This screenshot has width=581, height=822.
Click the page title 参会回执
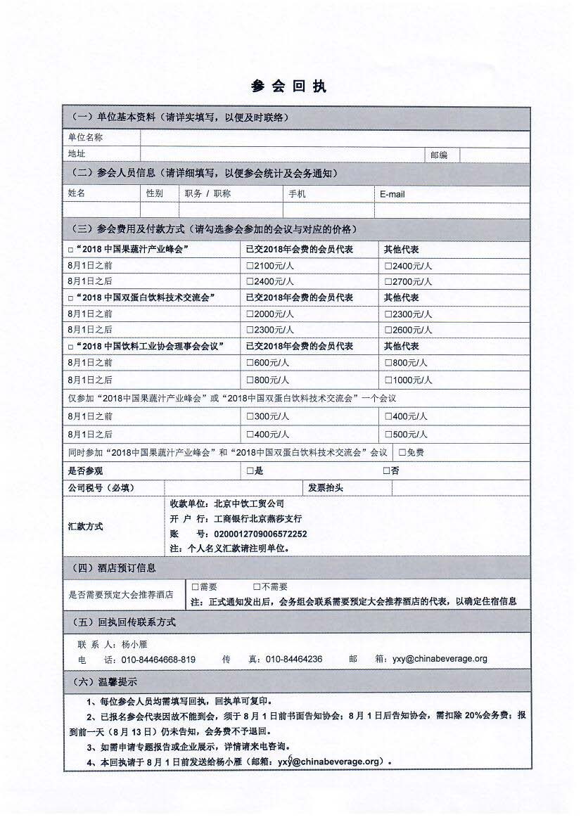click(289, 86)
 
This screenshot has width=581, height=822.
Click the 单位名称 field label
click(85, 138)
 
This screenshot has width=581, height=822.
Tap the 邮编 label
click(438, 155)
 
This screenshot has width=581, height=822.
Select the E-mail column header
click(392, 194)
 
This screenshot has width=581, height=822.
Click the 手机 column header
click(297, 193)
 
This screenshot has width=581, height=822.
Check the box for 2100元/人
click(250, 266)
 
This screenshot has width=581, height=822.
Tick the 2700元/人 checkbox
click(388, 282)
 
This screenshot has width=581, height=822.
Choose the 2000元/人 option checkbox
click(250, 314)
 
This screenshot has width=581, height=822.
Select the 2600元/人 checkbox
click(388, 330)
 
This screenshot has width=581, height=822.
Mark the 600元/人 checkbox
click(250, 363)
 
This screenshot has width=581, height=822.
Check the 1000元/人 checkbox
click(388, 380)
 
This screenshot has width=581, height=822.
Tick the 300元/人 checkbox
click(250, 416)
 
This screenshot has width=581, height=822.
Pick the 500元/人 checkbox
click(388, 435)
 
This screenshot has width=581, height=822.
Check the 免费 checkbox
click(402, 453)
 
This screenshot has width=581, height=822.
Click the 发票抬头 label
click(326, 488)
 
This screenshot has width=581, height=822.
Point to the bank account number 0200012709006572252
click(260, 534)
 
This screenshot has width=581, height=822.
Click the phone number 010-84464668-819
click(158, 660)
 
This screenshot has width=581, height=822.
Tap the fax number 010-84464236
click(294, 660)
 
